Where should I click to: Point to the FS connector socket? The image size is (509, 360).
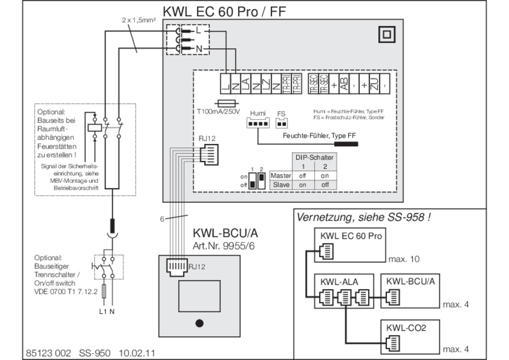click(x=281, y=124)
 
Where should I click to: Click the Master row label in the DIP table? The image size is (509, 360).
click(x=280, y=176)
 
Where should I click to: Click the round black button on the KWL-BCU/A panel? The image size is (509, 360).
click(x=200, y=322)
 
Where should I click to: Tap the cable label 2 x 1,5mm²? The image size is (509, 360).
click(x=138, y=20)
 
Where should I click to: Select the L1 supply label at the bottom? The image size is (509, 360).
click(x=102, y=312)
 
